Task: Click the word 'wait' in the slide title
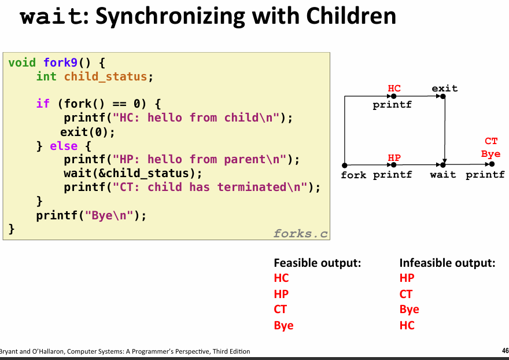(x=51, y=16)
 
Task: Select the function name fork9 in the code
(x=61, y=63)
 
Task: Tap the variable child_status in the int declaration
(x=105, y=76)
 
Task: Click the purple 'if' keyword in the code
(x=43, y=104)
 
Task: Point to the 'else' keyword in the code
(x=64, y=146)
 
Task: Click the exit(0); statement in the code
(x=88, y=132)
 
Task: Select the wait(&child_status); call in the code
(x=133, y=174)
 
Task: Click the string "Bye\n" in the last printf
(x=109, y=215)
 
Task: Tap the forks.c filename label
(x=301, y=233)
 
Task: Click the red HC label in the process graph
(x=394, y=88)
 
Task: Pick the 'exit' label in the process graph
(x=444, y=88)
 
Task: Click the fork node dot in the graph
(x=345, y=166)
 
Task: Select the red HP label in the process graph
(x=394, y=157)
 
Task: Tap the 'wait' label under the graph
(x=443, y=175)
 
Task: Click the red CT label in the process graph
(x=491, y=141)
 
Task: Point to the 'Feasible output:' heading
(x=318, y=263)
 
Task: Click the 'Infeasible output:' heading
(x=447, y=263)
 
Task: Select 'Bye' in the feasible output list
(x=284, y=325)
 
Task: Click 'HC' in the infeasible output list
(x=407, y=325)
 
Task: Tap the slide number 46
(x=505, y=351)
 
